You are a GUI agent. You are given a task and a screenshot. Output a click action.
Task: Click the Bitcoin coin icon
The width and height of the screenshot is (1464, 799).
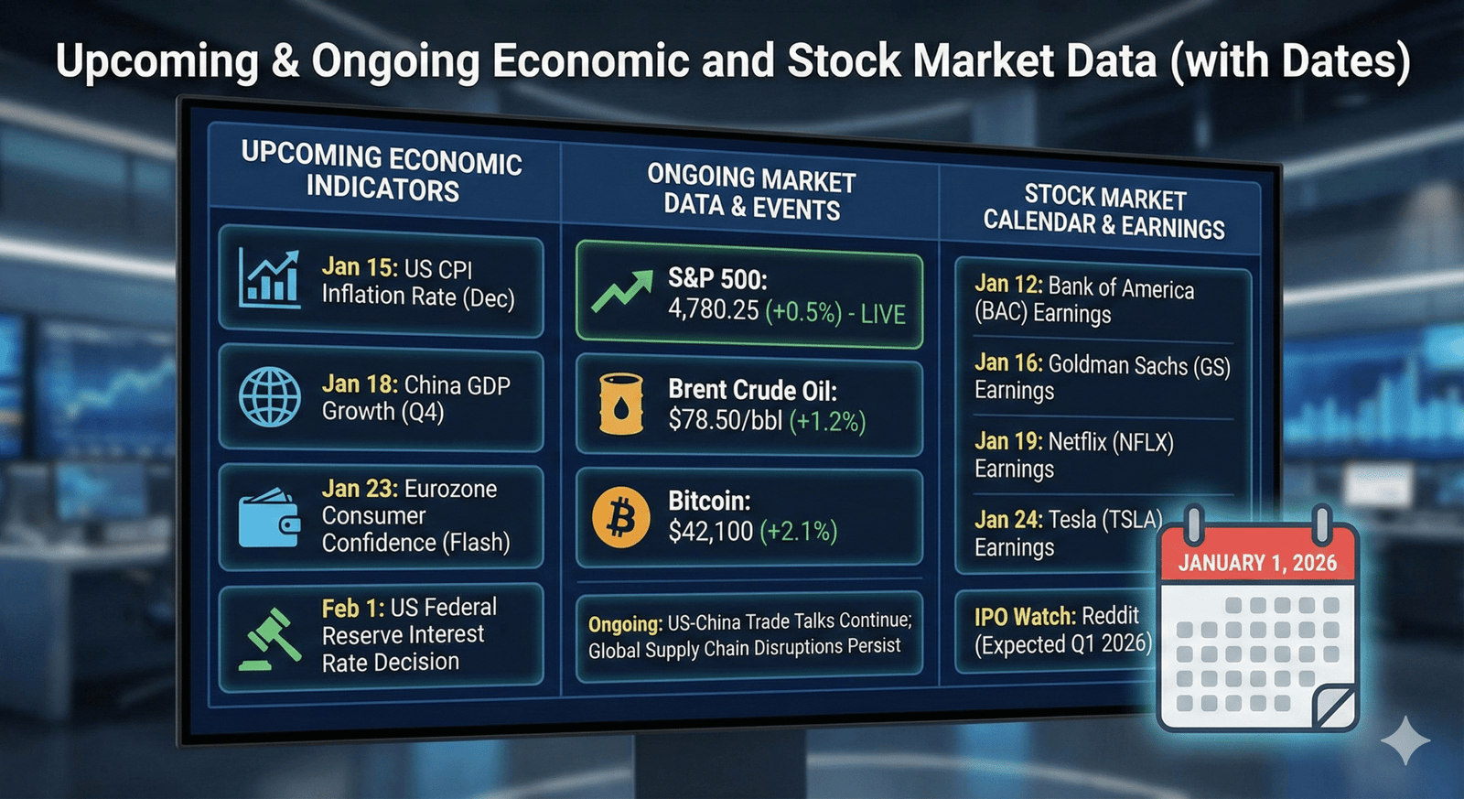[x=620, y=517]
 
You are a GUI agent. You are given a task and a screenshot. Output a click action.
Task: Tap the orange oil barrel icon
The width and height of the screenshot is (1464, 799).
[x=621, y=405]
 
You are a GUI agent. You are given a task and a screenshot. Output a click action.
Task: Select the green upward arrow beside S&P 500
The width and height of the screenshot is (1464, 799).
[x=621, y=291]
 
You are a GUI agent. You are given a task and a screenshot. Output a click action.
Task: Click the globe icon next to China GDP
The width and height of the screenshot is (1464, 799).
[x=269, y=397]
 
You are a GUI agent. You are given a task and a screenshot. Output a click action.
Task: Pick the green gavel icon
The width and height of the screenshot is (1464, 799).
[x=269, y=640]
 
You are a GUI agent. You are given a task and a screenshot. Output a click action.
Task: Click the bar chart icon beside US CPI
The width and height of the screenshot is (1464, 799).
[x=269, y=278]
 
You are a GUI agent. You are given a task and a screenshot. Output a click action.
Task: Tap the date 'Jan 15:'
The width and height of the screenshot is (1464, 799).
[x=360, y=266]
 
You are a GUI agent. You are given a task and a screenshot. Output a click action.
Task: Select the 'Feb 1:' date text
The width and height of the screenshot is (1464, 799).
[x=353, y=609]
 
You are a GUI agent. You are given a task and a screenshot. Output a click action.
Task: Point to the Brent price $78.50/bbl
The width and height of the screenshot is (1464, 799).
[x=725, y=420]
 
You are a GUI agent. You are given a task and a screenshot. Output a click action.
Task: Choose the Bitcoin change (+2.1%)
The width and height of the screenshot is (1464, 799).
[x=799, y=532]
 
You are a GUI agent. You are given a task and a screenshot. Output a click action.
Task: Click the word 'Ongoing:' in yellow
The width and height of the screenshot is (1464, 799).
[x=626, y=624]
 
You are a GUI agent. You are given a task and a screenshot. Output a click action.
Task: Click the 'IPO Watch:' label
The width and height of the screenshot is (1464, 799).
[x=1025, y=617]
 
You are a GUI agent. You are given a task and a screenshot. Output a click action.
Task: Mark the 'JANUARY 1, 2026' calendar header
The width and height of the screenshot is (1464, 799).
[x=1257, y=563]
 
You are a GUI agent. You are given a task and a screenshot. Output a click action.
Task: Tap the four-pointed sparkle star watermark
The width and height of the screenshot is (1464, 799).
[x=1405, y=740]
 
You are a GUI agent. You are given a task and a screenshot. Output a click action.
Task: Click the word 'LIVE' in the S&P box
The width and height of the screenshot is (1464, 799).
[x=883, y=315]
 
